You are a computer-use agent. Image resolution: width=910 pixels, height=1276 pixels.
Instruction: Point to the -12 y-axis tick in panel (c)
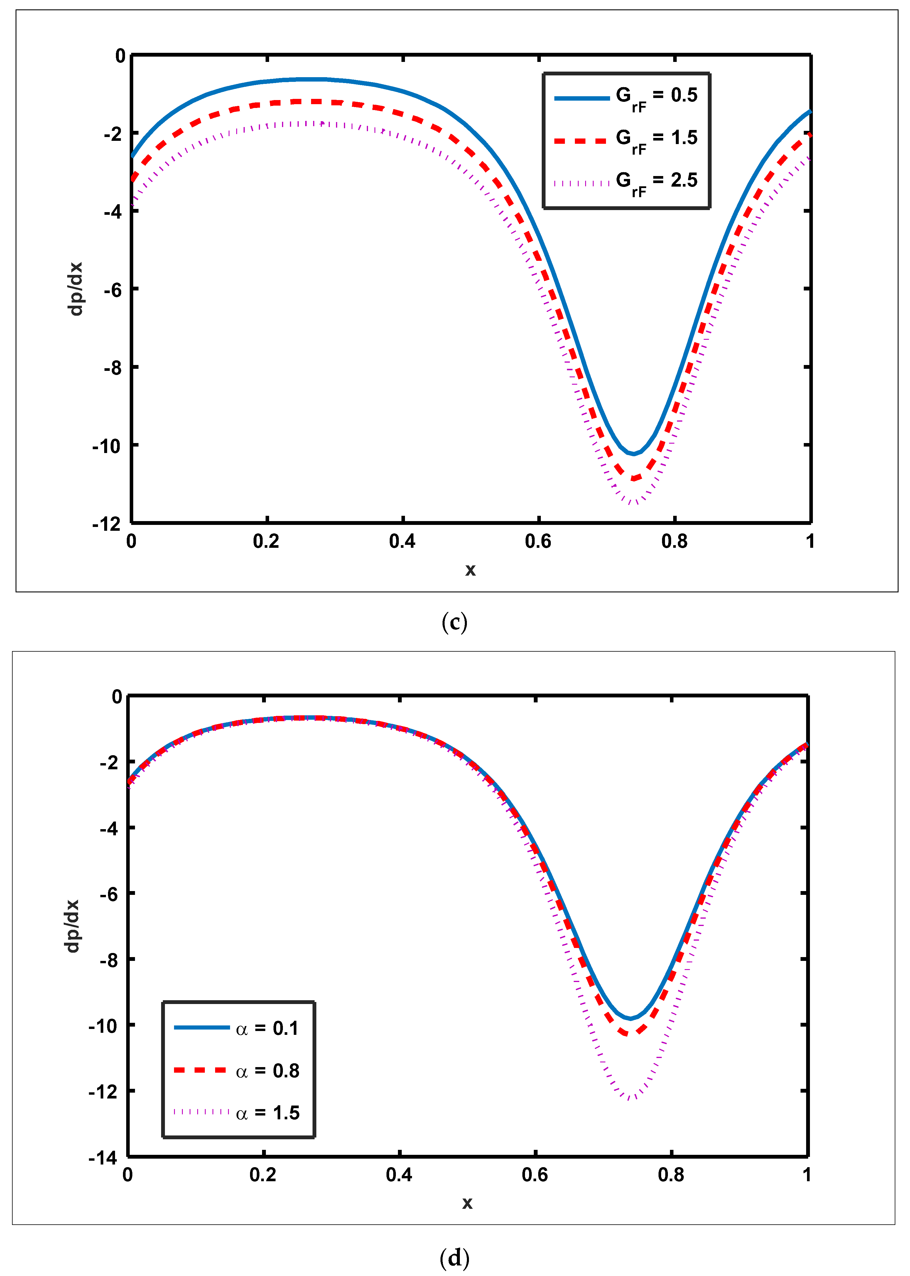coord(107,524)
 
